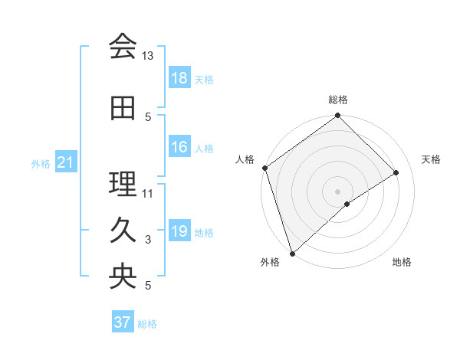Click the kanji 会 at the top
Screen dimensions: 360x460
coord(123,47)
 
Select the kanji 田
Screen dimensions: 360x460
coord(123,108)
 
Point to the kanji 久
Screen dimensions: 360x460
coord(123,231)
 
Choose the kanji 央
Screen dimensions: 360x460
coord(123,277)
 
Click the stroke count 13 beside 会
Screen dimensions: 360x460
coord(148,56)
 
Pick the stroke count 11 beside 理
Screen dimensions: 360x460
coord(148,193)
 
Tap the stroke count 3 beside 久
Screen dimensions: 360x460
coord(148,240)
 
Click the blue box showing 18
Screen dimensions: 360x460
coord(179,78)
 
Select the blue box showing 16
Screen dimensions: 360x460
coord(179,147)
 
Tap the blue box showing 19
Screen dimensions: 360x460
coord(179,231)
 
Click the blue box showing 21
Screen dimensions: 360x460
coord(66,162)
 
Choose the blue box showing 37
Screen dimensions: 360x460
coord(123,322)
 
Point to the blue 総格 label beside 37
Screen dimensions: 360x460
coord(147,324)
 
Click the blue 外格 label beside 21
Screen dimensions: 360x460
coord(41,163)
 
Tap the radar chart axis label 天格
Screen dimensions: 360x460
coord(432,159)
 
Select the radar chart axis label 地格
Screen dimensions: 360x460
coord(402,262)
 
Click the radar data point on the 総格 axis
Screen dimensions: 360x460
coord(337,116)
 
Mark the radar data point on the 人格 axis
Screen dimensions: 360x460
coord(264,168)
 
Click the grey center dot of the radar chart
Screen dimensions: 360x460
coord(337,191)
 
